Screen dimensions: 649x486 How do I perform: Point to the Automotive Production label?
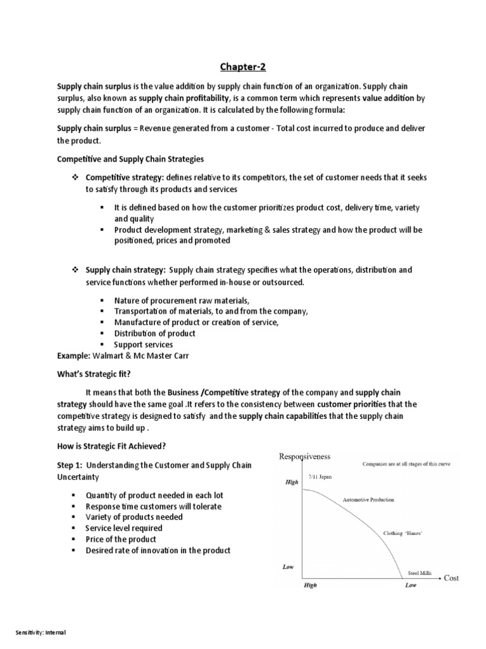tap(368, 500)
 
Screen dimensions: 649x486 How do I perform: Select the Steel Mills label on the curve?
tap(419, 572)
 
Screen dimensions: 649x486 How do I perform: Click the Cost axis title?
tap(451, 577)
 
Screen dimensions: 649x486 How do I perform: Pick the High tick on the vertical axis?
tap(289, 482)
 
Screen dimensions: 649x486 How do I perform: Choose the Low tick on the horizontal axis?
tap(411, 586)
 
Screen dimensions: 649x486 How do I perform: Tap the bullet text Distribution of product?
tap(154, 333)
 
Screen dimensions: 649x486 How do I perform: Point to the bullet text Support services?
tap(143, 345)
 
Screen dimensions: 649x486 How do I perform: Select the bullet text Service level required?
tap(124, 528)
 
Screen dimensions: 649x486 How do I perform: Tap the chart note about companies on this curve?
tap(406, 464)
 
